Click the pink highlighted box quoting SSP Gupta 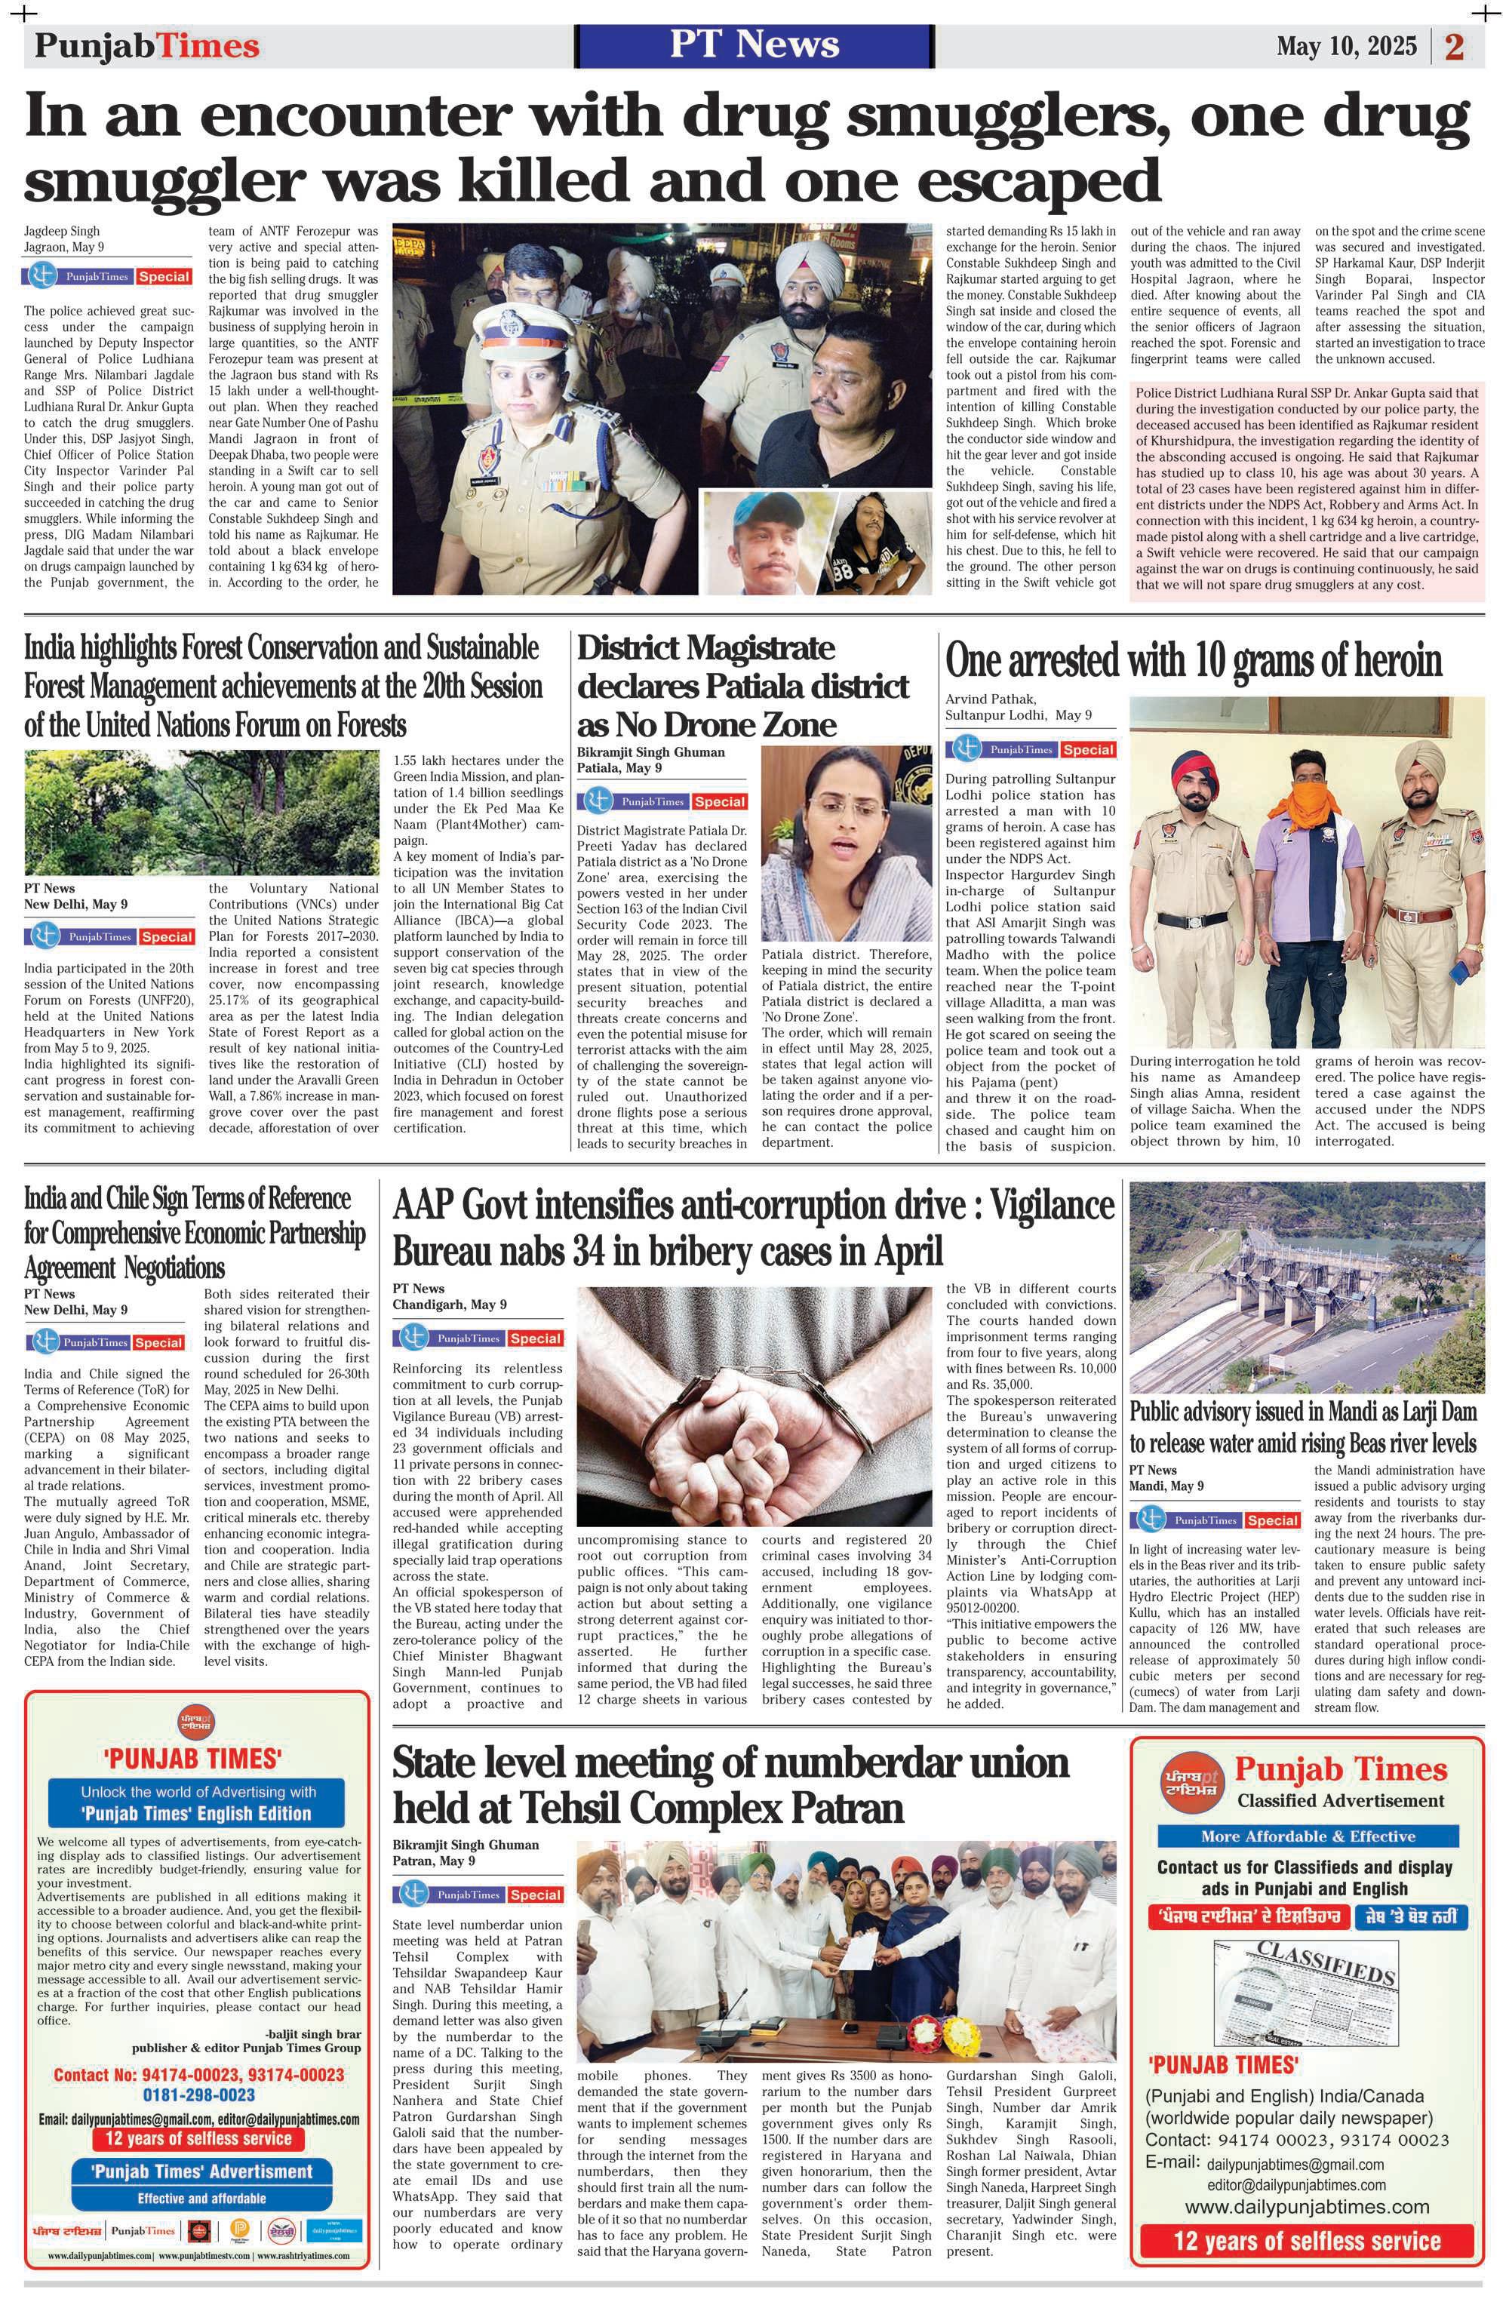point(1306,490)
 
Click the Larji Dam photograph point(1306,1286)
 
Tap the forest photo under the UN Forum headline point(201,813)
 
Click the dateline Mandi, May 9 point(1166,1486)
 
